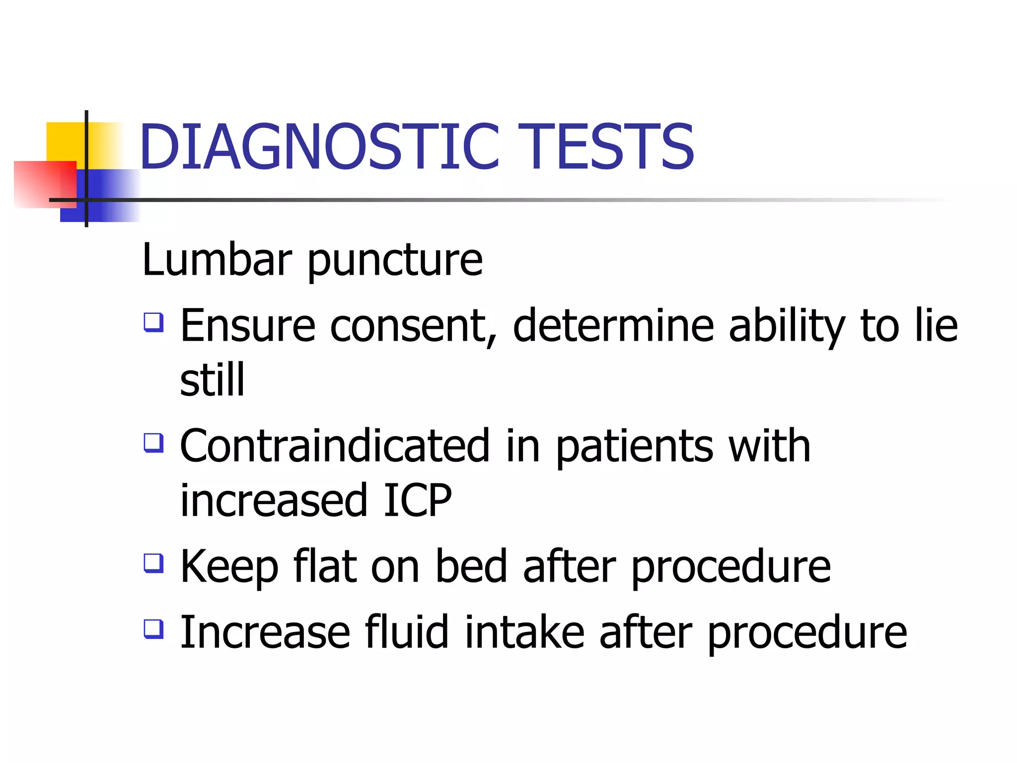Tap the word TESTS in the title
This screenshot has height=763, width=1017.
pos(606,147)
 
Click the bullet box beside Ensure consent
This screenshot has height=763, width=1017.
pos(153,322)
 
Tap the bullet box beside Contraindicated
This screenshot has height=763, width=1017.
pos(153,443)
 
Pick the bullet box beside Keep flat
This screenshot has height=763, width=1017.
pos(153,563)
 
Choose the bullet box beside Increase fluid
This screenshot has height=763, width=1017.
pos(153,629)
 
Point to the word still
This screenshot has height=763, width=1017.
pos(213,380)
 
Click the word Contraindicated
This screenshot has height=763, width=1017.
pos(335,446)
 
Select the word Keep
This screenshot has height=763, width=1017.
pos(229,567)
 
